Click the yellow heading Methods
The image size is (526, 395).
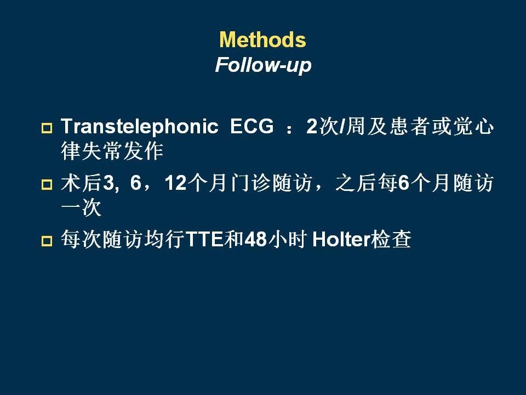tap(262, 39)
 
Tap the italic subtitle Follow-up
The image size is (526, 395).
tap(264, 65)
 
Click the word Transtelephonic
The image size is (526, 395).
tap(140, 127)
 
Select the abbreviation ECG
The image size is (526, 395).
tap(252, 126)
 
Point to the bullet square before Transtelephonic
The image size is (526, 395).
tap(47, 128)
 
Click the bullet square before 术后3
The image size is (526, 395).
tap(47, 184)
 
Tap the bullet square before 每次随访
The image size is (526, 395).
tap(47, 241)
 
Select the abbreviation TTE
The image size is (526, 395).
tap(204, 240)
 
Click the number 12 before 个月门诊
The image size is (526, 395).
tap(175, 183)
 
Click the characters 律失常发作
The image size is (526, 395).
tap(112, 151)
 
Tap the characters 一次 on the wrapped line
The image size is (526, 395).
tap(81, 207)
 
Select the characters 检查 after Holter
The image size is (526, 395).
tap(391, 240)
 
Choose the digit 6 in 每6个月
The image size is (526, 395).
tap(404, 183)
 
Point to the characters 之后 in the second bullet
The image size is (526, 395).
tap(356, 183)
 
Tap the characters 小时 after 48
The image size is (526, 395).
tap(288, 240)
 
